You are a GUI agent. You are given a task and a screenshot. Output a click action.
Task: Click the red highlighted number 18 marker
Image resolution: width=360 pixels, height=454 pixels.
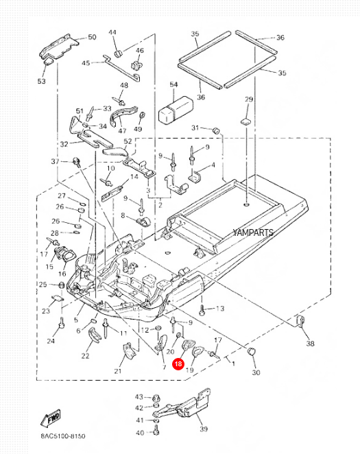point(178,365)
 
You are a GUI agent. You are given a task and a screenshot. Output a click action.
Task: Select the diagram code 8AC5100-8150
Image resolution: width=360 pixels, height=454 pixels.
point(64,436)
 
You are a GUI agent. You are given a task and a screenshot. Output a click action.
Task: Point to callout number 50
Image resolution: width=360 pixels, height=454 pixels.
point(92,38)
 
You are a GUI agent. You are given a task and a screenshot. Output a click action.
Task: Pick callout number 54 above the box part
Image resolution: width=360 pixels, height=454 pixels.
point(174,85)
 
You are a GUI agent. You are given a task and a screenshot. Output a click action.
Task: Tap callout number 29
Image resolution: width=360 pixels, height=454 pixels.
point(249,100)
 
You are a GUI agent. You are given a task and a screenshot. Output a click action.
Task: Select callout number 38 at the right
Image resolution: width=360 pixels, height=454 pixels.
point(310,343)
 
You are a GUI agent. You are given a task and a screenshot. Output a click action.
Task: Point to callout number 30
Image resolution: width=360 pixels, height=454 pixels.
point(256,372)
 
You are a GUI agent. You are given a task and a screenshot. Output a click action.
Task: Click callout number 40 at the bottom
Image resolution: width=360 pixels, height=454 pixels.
point(139,433)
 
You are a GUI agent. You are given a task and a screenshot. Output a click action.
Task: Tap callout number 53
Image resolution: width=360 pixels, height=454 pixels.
point(41,81)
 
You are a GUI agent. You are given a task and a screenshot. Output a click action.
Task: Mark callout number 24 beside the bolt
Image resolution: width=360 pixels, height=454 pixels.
point(50,341)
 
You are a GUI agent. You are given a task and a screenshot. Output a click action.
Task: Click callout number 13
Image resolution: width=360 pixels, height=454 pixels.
point(220,309)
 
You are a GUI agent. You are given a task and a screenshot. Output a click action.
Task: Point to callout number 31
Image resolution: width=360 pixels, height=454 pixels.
point(195,128)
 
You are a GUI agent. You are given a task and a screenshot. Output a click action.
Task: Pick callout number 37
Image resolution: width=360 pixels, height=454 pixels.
point(56,161)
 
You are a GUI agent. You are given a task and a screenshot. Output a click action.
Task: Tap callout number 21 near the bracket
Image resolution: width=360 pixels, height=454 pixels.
point(118,371)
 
